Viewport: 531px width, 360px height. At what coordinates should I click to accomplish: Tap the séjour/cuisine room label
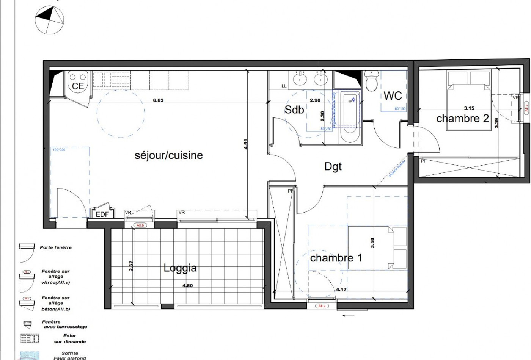(x=169, y=155)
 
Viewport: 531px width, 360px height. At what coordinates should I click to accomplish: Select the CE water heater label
(x=78, y=86)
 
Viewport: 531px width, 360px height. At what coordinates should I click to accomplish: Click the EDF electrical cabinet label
(x=102, y=214)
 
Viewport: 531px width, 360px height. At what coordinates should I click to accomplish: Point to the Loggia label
(x=180, y=268)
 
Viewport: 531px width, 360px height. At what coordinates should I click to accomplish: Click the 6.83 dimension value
(x=158, y=100)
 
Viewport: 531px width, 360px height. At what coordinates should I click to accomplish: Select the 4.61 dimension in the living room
(x=245, y=144)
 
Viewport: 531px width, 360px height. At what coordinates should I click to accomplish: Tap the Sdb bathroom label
(x=294, y=110)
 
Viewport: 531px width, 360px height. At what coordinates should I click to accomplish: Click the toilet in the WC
(x=371, y=81)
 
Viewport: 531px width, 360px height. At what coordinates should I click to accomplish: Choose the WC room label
(x=393, y=95)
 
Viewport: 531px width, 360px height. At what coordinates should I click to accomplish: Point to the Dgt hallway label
(x=333, y=166)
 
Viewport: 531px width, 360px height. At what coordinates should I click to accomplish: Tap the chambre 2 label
(x=462, y=119)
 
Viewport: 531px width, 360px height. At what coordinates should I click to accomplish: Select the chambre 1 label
(x=336, y=258)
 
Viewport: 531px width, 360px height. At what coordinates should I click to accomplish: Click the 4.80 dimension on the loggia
(x=187, y=286)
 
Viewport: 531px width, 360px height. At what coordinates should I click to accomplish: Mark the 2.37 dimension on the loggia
(x=131, y=265)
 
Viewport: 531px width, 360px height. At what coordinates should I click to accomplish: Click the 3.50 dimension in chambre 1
(x=372, y=243)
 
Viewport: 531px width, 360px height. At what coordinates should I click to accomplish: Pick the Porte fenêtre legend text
(x=56, y=247)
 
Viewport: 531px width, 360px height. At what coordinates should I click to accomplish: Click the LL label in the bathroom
(x=284, y=86)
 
